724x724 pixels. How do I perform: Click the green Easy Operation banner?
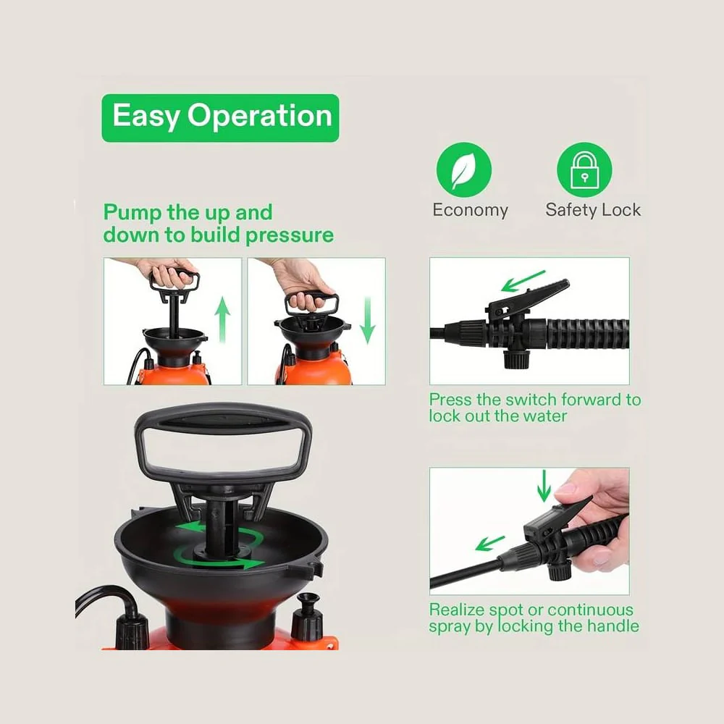pos(220,118)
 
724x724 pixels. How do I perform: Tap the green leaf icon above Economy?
pos(463,170)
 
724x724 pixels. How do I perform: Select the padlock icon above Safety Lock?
pos(584,170)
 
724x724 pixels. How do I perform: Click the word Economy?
pos(470,210)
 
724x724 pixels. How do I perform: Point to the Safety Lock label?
pos(593,210)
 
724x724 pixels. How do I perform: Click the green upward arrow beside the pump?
pos(222,320)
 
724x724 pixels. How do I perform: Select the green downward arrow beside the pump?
pos(368,320)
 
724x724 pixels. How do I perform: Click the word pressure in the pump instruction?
pos(290,235)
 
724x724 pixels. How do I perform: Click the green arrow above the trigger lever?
pos(523,281)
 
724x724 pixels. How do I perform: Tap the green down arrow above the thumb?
pos(544,486)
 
